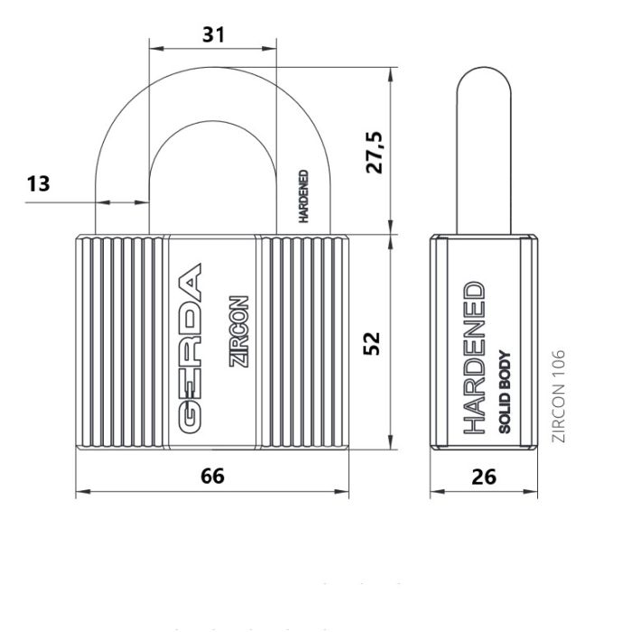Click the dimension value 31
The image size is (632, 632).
(x=213, y=34)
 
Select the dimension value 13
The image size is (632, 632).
(x=38, y=184)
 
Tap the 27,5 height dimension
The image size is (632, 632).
(x=375, y=152)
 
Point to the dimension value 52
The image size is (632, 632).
(x=372, y=343)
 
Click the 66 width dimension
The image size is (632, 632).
(x=212, y=476)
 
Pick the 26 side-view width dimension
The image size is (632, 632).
(x=484, y=477)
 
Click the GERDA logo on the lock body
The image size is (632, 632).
(x=190, y=349)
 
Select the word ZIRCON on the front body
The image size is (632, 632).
(x=238, y=331)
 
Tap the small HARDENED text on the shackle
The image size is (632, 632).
(x=303, y=196)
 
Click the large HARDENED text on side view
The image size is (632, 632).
(x=474, y=358)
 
